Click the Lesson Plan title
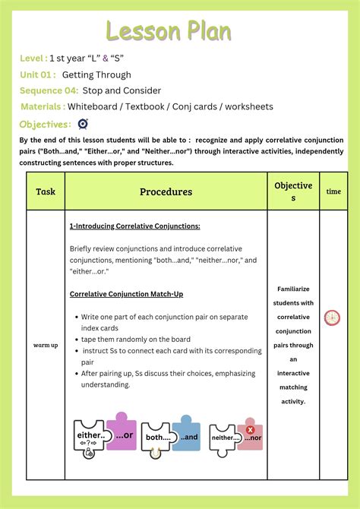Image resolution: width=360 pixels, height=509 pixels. coord(169,31)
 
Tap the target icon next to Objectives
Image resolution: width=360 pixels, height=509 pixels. coord(83,124)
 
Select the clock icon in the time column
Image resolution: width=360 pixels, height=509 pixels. coord(332,318)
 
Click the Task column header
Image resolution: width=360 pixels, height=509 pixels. coord(46,191)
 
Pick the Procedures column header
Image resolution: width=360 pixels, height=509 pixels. coord(166,191)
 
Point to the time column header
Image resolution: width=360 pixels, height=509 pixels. coord(333,191)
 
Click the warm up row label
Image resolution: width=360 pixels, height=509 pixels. coord(46,344)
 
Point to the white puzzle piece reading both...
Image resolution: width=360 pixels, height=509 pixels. coord(158,438)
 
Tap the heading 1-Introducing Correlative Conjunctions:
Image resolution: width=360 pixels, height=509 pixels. coord(134,226)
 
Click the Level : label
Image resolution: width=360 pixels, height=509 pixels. coord(33,58)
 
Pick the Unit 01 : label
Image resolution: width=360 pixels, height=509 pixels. coord(38,74)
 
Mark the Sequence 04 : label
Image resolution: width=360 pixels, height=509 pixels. coord(48,90)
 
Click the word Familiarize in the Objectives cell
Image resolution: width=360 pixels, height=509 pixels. coord(293,289)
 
